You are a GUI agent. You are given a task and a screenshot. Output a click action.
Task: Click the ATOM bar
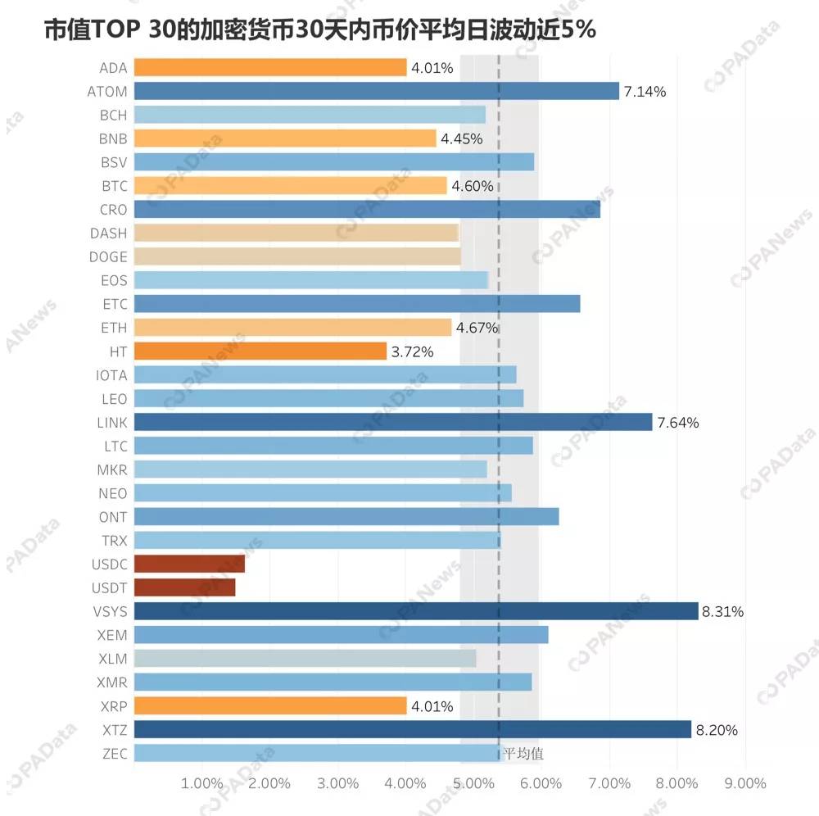click(x=377, y=91)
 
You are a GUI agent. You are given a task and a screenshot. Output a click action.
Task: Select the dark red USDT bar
click(x=185, y=587)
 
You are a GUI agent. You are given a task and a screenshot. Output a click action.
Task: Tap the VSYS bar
click(x=416, y=610)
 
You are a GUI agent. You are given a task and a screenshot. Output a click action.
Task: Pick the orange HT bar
click(x=260, y=351)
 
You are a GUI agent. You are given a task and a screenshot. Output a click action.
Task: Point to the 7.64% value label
click(x=678, y=422)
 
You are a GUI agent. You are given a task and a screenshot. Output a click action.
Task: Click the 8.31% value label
click(x=722, y=611)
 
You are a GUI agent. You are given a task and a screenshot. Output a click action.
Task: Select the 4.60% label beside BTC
click(x=473, y=186)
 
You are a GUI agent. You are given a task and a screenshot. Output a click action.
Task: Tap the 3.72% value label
click(x=412, y=351)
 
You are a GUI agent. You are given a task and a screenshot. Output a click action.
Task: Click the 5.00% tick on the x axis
click(x=473, y=783)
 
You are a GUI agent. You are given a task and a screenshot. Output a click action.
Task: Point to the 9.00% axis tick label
click(x=745, y=783)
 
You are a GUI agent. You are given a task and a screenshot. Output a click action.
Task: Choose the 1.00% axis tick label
click(x=201, y=783)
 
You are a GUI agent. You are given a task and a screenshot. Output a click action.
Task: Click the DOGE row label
click(x=108, y=256)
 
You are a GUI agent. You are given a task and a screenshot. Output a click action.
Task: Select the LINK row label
click(x=111, y=422)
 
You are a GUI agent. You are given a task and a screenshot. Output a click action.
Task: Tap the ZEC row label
click(x=115, y=753)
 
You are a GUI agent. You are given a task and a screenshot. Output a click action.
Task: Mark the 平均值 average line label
click(x=523, y=753)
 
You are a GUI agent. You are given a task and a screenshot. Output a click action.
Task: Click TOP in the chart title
click(x=115, y=29)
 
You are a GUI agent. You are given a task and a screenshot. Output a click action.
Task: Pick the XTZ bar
click(x=413, y=729)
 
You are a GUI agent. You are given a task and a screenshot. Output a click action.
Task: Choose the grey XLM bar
click(x=305, y=658)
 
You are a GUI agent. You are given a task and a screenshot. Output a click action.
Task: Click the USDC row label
click(x=109, y=564)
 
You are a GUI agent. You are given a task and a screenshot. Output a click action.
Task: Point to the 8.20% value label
click(x=717, y=730)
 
